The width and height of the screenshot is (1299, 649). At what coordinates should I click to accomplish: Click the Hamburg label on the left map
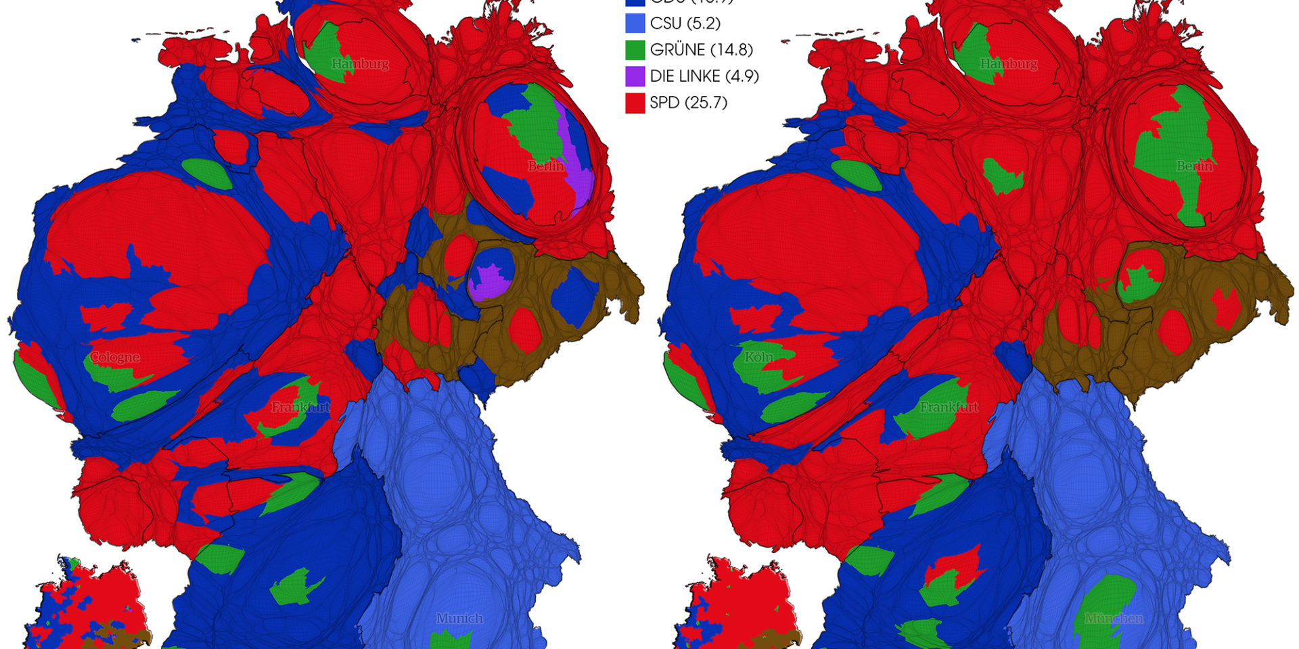coord(360,64)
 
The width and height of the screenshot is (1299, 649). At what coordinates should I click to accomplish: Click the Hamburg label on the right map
coord(1008,64)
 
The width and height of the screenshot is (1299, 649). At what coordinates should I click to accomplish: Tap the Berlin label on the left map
coord(546,166)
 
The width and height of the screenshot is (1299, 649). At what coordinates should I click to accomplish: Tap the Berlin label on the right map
coord(1194,166)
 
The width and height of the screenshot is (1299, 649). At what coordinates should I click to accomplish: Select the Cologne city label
coord(115,357)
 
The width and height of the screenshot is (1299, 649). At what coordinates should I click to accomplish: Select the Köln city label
coord(758,357)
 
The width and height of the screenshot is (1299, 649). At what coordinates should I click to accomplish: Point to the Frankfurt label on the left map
coord(300,407)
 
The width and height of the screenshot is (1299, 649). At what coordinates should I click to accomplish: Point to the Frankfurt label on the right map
coord(949,407)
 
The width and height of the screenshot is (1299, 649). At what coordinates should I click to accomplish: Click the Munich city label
coord(459,618)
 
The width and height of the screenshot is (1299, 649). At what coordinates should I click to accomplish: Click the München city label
coord(1114,618)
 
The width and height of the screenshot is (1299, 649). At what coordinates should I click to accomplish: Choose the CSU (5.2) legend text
coord(685,23)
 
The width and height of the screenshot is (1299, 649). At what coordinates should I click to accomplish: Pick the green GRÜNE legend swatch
coord(635,50)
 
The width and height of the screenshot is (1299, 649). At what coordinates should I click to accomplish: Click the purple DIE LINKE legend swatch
coord(635,76)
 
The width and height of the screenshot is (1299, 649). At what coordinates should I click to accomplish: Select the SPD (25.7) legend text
coord(688,103)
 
